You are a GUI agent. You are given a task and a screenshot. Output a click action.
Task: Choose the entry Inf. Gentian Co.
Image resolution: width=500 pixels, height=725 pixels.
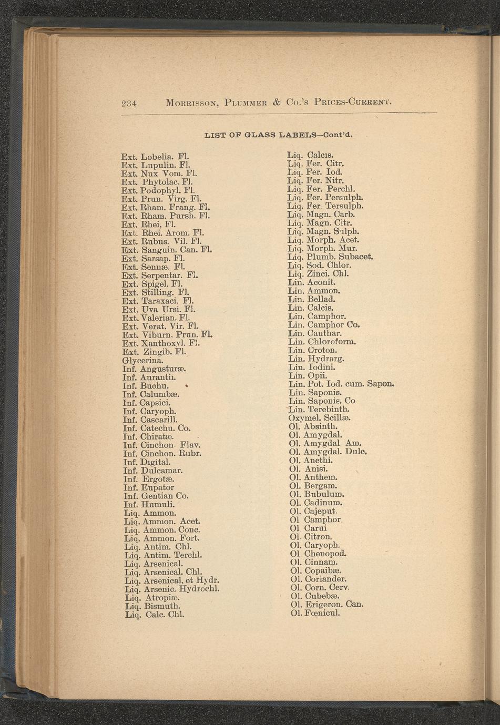156,496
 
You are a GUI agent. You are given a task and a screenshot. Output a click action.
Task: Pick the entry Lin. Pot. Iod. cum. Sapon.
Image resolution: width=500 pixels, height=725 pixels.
341,384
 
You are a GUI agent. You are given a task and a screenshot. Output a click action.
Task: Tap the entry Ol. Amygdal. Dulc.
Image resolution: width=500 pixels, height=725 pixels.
328,452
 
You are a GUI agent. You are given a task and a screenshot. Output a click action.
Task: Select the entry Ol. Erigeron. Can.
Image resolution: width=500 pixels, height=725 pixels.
326,604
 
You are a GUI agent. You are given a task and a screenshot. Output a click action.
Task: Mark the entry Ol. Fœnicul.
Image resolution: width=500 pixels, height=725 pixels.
315,612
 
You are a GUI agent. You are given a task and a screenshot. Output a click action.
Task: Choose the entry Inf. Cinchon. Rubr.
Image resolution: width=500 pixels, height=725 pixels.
162,453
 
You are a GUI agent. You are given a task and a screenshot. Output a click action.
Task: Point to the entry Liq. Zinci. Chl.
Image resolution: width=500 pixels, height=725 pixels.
319,274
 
